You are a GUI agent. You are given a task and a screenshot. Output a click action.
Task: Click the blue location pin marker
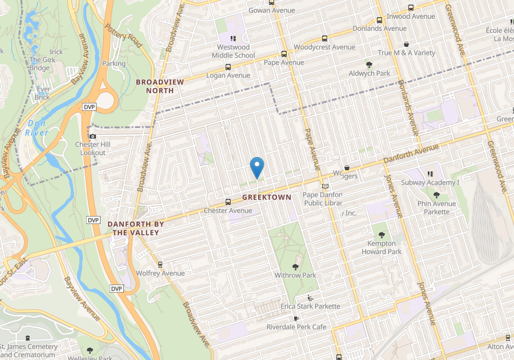click(x=257, y=167)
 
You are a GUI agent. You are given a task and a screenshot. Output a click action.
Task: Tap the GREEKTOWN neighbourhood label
click(x=267, y=197)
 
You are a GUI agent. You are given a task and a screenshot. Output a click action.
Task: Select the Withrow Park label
click(x=295, y=275)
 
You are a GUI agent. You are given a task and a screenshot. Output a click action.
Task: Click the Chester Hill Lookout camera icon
click(x=93, y=136)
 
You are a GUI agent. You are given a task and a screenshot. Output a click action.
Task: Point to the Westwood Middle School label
click(x=233, y=51)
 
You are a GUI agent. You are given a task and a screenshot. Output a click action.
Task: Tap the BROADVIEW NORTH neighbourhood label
click(x=160, y=86)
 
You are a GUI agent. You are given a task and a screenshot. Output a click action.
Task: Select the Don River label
click(x=37, y=129)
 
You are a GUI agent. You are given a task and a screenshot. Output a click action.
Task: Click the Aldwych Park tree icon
click(x=370, y=65)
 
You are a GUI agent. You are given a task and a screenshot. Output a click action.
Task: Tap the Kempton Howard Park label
click(x=382, y=247)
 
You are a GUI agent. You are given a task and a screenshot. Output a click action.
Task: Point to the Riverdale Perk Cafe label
click(x=296, y=327)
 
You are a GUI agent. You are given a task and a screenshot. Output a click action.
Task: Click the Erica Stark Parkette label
click(x=310, y=306)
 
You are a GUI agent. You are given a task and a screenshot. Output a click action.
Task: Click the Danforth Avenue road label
click(x=411, y=153)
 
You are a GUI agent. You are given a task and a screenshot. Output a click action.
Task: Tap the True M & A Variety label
click(x=406, y=53)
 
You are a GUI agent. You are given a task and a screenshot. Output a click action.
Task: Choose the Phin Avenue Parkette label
click(x=436, y=207)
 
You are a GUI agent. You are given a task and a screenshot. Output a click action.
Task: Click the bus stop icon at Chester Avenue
click(x=228, y=202)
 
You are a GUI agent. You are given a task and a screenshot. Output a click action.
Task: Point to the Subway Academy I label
click(x=430, y=183)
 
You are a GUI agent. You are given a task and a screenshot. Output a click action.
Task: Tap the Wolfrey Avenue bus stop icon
click(x=160, y=265)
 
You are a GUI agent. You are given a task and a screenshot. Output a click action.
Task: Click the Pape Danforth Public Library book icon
click(x=326, y=187)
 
